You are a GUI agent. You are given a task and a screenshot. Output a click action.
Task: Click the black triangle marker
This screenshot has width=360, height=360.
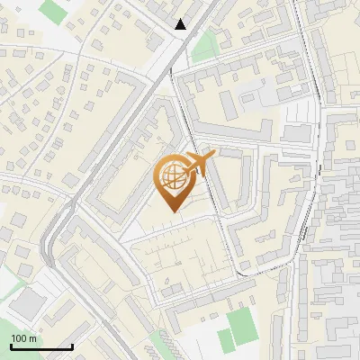pos(181,24)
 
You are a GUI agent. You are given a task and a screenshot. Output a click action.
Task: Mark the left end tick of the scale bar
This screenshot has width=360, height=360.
pos(11,346)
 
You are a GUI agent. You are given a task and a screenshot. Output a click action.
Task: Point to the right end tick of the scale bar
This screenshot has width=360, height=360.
pos(72,346)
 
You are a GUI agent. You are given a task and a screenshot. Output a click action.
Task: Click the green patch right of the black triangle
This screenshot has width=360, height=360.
pos(206,43)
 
